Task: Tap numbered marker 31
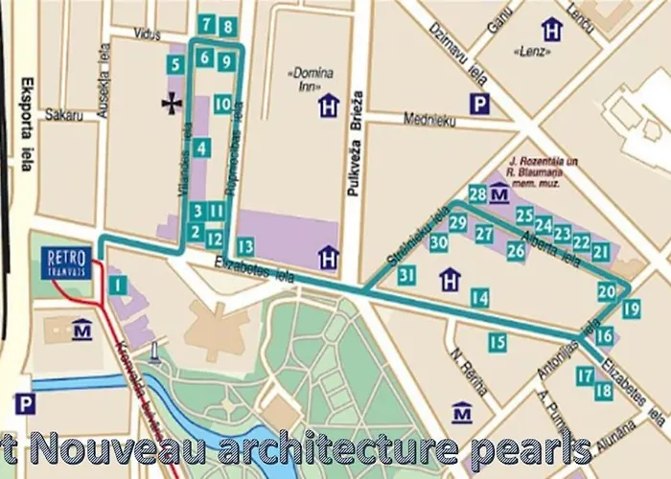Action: [407, 276]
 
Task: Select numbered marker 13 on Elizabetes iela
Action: [245, 246]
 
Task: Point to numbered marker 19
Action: [630, 308]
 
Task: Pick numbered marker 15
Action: [496, 341]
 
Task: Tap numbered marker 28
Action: [477, 194]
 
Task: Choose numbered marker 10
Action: [222, 104]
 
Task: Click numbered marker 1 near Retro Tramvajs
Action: [117, 285]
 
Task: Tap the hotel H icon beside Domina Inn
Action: [329, 105]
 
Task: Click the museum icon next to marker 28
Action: [498, 195]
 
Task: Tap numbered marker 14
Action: [479, 299]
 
